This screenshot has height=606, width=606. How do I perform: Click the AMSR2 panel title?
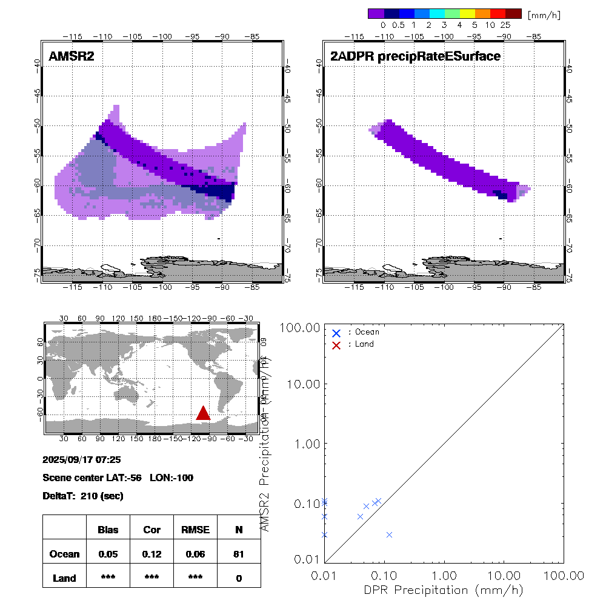(x=72, y=56)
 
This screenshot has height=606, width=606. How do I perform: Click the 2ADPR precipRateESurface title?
(x=415, y=56)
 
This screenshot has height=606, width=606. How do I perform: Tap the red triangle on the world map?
(x=203, y=413)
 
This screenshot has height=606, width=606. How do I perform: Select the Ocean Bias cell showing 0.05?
(x=108, y=554)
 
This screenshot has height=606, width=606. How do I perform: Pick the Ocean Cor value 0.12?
(x=151, y=554)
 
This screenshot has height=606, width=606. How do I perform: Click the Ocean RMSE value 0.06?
(x=195, y=554)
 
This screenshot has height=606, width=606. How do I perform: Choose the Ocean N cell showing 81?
(x=239, y=554)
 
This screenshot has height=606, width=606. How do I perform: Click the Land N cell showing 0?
(x=239, y=578)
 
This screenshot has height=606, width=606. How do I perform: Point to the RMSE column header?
(x=195, y=530)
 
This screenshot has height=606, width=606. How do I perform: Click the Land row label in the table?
(x=64, y=578)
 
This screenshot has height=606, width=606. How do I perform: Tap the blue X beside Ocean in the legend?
(x=336, y=333)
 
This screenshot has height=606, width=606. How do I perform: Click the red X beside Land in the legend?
(x=336, y=344)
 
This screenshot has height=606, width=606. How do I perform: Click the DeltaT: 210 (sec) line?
(x=83, y=496)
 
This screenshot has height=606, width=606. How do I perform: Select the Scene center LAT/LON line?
(x=118, y=478)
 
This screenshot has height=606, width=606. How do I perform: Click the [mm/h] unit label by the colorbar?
(x=544, y=14)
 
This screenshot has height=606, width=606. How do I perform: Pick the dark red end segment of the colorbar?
(x=513, y=13)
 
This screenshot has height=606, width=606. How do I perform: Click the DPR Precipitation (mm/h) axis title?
(x=444, y=590)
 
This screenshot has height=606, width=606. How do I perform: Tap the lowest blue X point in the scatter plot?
(x=389, y=534)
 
